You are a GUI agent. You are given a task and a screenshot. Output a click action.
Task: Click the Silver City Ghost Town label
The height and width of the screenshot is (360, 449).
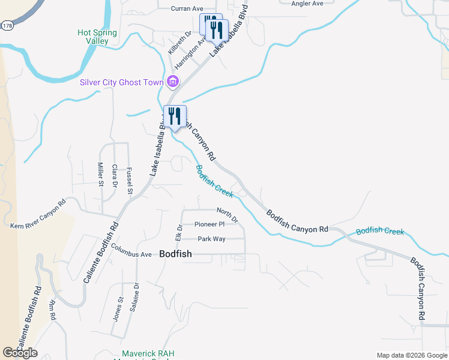(122, 82)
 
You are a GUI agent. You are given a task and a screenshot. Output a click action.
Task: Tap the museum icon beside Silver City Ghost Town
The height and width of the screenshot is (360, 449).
(173, 82)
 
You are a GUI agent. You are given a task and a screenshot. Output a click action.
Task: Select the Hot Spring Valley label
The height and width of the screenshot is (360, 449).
(97, 37)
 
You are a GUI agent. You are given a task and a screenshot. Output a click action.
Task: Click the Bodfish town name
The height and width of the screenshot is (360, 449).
(176, 254)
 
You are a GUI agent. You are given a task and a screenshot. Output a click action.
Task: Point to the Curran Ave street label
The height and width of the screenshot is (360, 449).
(187, 8)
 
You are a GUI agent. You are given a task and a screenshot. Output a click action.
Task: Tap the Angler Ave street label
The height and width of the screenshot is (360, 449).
(307, 4)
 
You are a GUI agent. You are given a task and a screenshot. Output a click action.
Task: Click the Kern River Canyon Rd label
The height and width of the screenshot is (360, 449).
(37, 214)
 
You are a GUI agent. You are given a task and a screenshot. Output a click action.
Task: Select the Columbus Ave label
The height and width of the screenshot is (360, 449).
(131, 254)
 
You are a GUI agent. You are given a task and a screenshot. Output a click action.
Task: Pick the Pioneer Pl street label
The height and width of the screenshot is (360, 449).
(209, 224)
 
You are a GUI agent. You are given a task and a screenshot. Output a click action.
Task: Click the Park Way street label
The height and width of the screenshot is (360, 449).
(211, 239)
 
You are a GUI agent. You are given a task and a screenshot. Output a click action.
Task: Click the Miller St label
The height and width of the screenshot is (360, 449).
(100, 175)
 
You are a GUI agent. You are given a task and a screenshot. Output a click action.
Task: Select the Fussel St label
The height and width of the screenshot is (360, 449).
(130, 181)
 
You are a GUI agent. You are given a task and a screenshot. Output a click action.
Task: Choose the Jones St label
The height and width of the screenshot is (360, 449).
(118, 308)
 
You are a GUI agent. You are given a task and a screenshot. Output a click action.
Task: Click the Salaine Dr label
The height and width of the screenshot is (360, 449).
(136, 304)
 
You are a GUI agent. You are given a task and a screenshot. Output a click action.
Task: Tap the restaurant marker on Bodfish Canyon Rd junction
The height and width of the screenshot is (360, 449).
(175, 116)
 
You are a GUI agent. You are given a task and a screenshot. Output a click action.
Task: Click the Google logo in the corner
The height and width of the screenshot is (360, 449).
(20, 353)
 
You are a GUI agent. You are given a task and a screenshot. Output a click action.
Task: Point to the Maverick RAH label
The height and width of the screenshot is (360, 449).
(147, 353)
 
